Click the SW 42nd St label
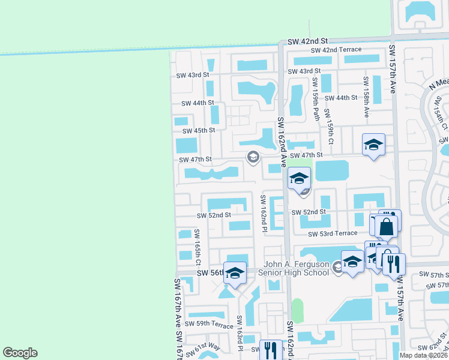point(307,41)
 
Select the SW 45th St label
point(198,131)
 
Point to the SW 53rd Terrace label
point(333,233)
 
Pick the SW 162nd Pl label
point(262,213)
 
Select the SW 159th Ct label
point(329,122)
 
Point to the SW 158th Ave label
point(365,91)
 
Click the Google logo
point(20,353)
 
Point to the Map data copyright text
point(423,355)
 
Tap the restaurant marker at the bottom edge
point(271,350)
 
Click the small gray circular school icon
point(253,157)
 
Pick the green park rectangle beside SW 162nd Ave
point(298,311)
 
